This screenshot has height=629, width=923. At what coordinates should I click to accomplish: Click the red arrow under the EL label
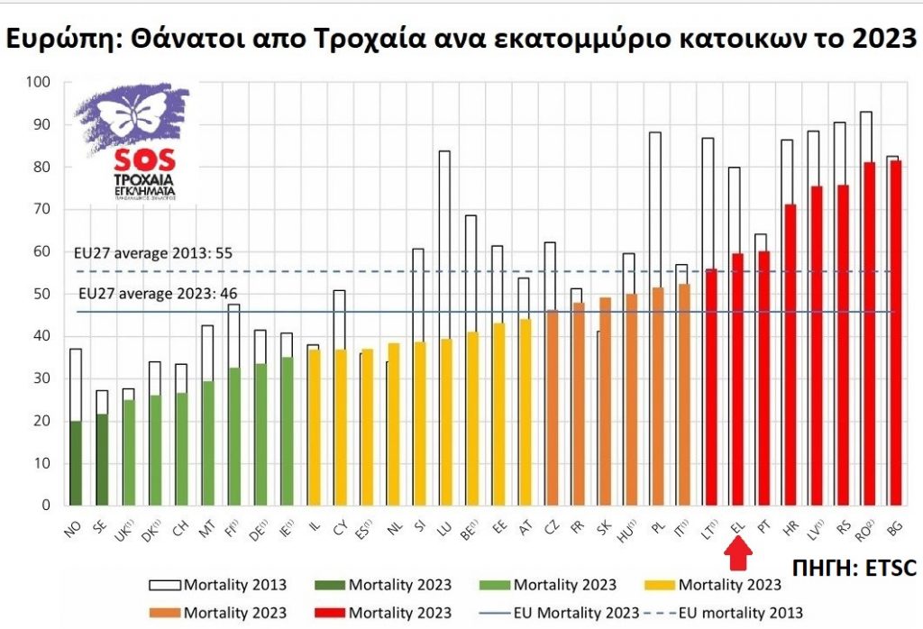[737, 551]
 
